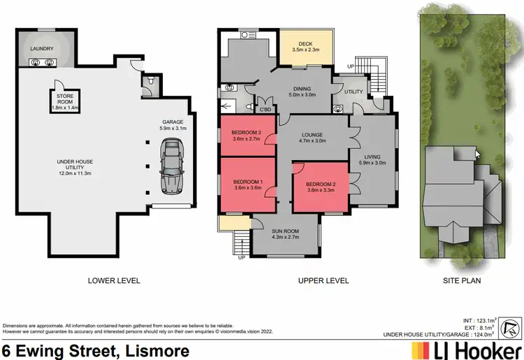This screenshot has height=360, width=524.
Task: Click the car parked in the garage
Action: tap(171, 166)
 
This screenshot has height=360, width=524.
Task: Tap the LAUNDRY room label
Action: tap(42, 49)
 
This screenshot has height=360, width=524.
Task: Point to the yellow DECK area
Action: tap(305, 47)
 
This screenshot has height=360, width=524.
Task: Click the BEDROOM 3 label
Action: tap(247, 132)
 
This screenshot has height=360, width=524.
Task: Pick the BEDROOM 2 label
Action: tap(320, 185)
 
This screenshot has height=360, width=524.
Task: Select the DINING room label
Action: tap(303, 88)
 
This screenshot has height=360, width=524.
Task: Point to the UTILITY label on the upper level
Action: tap(354, 91)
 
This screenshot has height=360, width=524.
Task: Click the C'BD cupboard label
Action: tap(266, 110)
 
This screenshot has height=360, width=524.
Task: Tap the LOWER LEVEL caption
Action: tap(114, 280)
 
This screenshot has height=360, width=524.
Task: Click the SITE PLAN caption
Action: tap(461, 280)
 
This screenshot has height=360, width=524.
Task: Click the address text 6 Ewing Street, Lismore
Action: tap(96, 350)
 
